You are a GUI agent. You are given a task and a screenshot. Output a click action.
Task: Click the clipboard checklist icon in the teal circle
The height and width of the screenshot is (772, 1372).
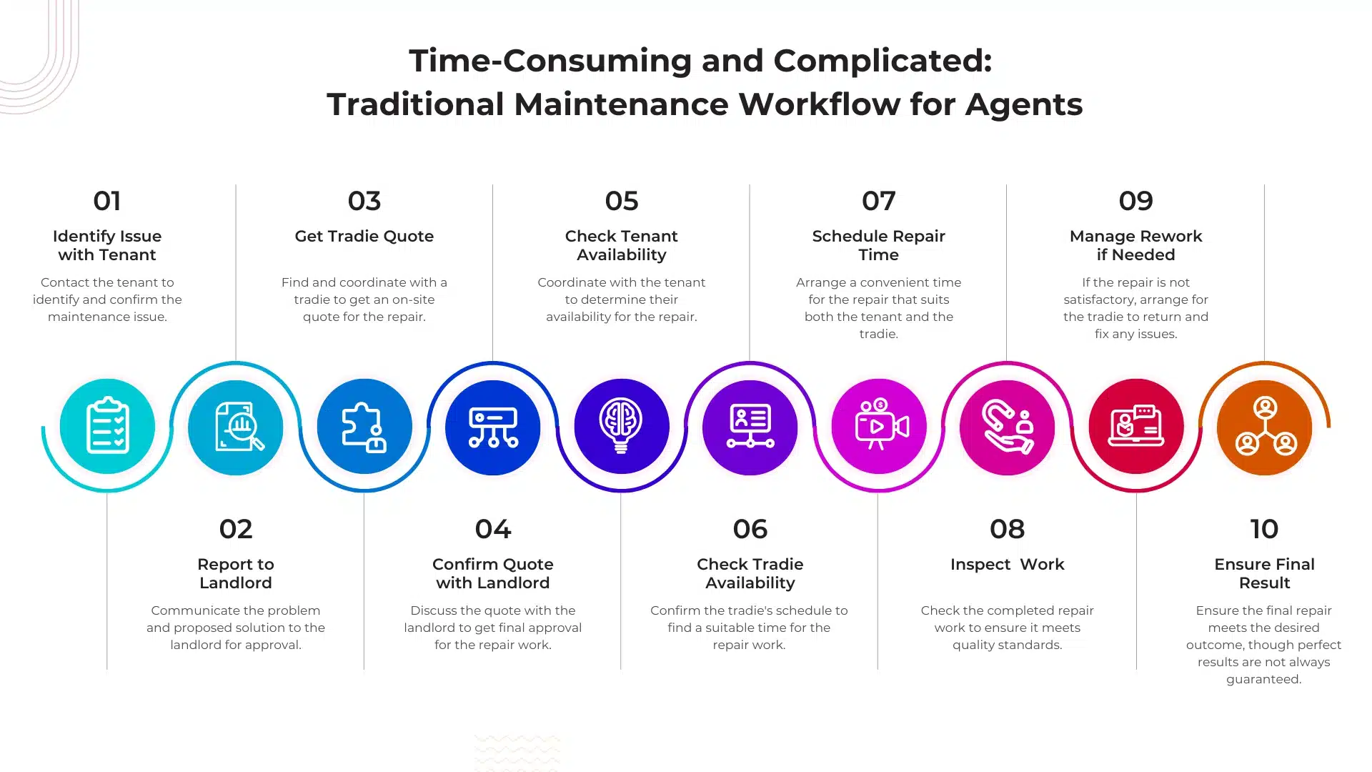coord(107,425)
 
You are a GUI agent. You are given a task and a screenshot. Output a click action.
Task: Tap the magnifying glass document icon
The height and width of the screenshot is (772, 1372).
coord(239,427)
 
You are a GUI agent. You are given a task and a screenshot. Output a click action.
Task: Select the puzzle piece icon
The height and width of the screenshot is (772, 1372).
coord(364,427)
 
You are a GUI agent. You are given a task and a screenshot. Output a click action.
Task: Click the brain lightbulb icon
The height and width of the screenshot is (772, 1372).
coord(621,425)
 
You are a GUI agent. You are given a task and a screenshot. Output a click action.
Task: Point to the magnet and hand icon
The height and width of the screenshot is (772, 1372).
coord(1008,427)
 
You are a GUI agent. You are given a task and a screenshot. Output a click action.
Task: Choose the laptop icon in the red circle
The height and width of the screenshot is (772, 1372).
coord(1136,426)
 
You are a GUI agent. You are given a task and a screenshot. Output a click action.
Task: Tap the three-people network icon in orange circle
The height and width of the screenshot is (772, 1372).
coord(1266,427)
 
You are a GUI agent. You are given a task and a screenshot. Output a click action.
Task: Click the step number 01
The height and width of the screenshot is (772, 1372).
coord(107,201)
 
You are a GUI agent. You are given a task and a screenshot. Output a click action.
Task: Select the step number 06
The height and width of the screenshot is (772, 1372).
coord(750,529)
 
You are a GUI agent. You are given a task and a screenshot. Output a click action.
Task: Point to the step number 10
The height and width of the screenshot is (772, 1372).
coord(1264,529)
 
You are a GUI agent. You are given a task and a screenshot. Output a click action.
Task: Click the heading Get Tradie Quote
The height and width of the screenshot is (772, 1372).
coord(364,237)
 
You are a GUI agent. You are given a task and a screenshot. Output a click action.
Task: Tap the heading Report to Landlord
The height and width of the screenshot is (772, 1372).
coord(236,573)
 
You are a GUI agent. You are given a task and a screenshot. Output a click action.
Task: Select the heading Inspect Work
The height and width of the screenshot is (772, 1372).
coord(1007,565)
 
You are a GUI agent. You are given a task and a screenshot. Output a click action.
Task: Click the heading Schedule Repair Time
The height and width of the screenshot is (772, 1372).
coord(879,245)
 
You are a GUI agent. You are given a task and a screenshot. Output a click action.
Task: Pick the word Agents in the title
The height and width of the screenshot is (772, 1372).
coord(1024,105)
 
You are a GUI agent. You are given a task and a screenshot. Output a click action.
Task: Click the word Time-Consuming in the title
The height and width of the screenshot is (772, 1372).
coord(550,61)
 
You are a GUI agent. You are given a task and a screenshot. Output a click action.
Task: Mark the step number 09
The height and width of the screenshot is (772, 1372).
coord(1136,201)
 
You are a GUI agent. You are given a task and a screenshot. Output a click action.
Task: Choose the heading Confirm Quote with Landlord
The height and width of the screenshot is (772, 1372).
coord(493,573)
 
